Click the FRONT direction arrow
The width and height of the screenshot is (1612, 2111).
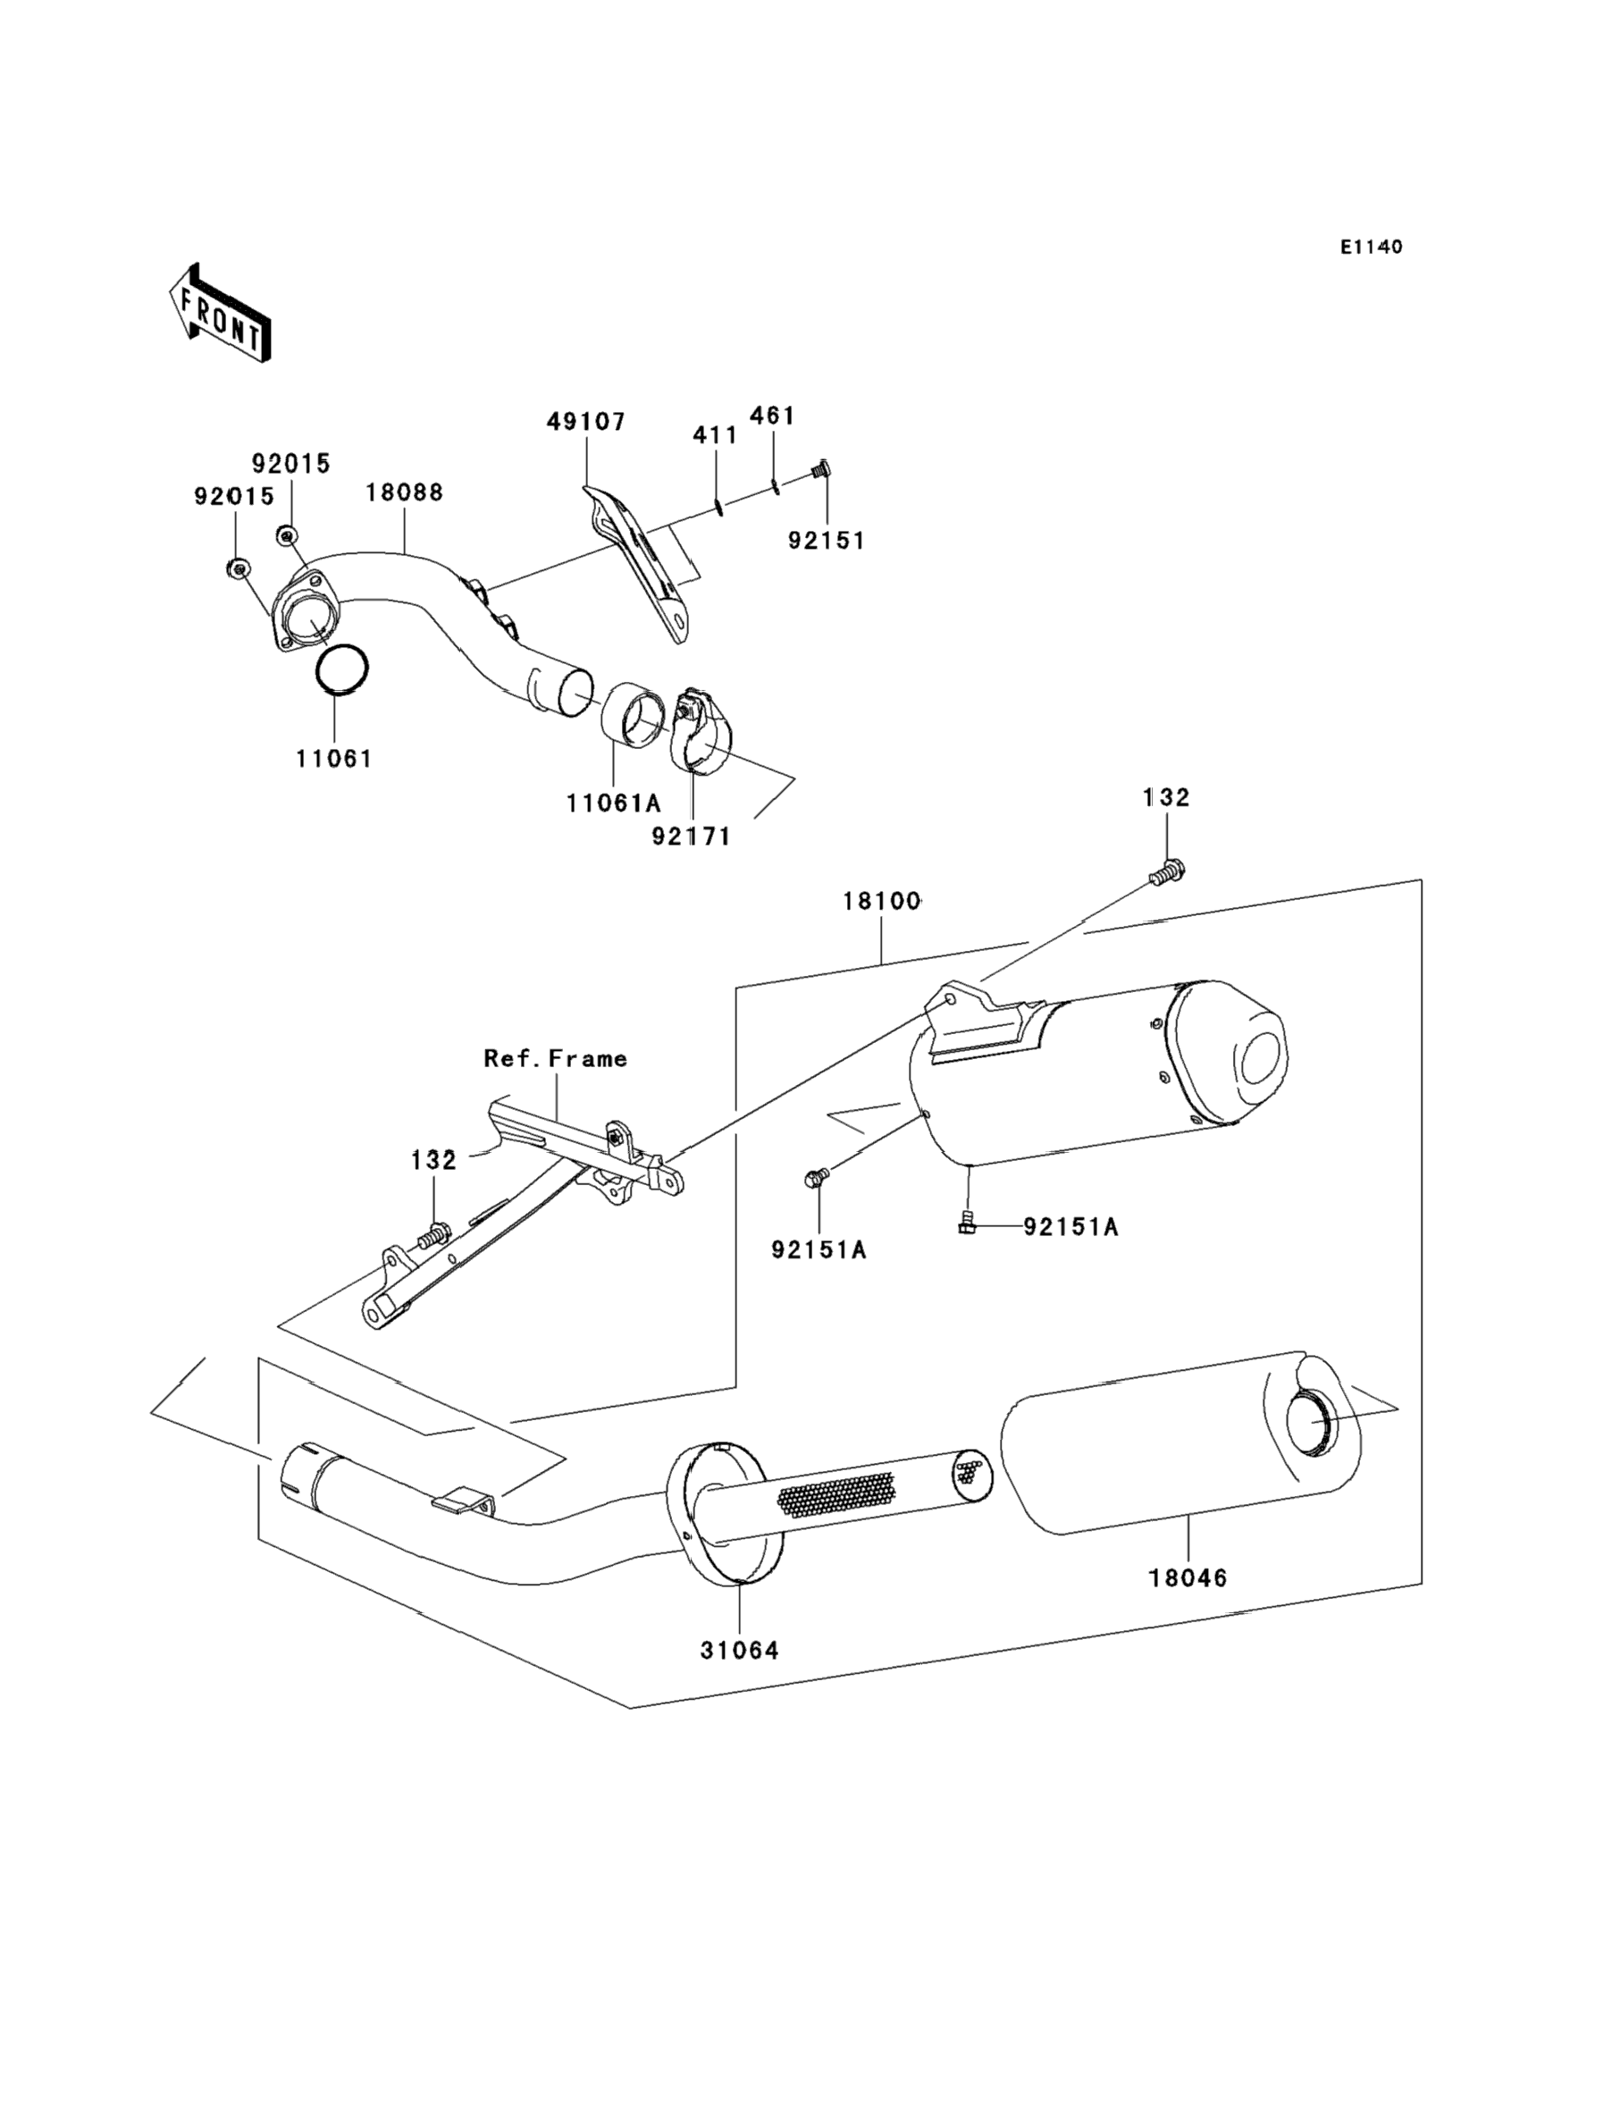point(220,313)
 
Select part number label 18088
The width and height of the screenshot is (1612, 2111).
point(404,492)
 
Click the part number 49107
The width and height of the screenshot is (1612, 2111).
point(586,421)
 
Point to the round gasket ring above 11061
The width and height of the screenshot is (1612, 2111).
point(342,668)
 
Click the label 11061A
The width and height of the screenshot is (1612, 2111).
point(613,803)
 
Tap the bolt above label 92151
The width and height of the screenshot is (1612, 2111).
point(820,470)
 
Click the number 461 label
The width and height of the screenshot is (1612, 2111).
point(772,416)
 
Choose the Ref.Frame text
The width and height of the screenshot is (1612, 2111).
point(556,1058)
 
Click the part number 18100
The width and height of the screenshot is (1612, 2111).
point(882,901)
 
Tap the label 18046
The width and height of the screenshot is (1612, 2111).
point(1188,1577)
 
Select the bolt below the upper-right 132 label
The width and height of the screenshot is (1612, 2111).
point(1168,873)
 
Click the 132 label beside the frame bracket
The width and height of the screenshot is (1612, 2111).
point(433,1160)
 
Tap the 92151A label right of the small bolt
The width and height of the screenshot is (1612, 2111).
point(1070,1227)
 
